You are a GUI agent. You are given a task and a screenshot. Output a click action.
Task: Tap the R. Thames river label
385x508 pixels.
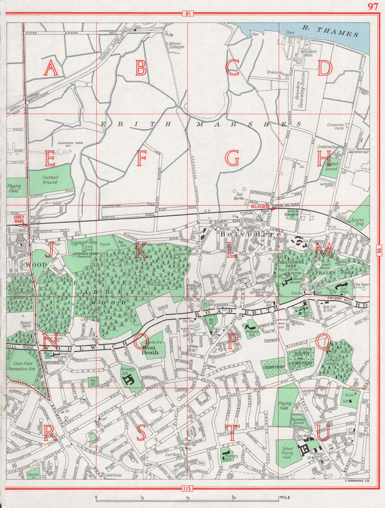click(x=330, y=31)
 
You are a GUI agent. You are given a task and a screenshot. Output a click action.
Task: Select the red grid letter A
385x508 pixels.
click(x=50, y=68)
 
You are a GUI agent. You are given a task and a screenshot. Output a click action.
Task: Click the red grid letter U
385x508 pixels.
click(x=323, y=432)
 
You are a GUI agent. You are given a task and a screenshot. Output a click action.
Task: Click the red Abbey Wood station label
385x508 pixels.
click(x=18, y=219)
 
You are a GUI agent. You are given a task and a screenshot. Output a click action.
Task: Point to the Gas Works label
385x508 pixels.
click(x=239, y=196)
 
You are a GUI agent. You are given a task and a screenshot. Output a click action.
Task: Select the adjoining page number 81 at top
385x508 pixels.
click(x=187, y=14)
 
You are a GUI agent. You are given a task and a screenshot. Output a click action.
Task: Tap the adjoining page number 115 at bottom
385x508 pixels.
click(x=187, y=489)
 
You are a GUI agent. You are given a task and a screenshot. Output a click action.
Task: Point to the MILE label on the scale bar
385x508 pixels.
click(x=285, y=498)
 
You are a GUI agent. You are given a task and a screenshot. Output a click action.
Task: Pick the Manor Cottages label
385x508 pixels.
click(x=176, y=45)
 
